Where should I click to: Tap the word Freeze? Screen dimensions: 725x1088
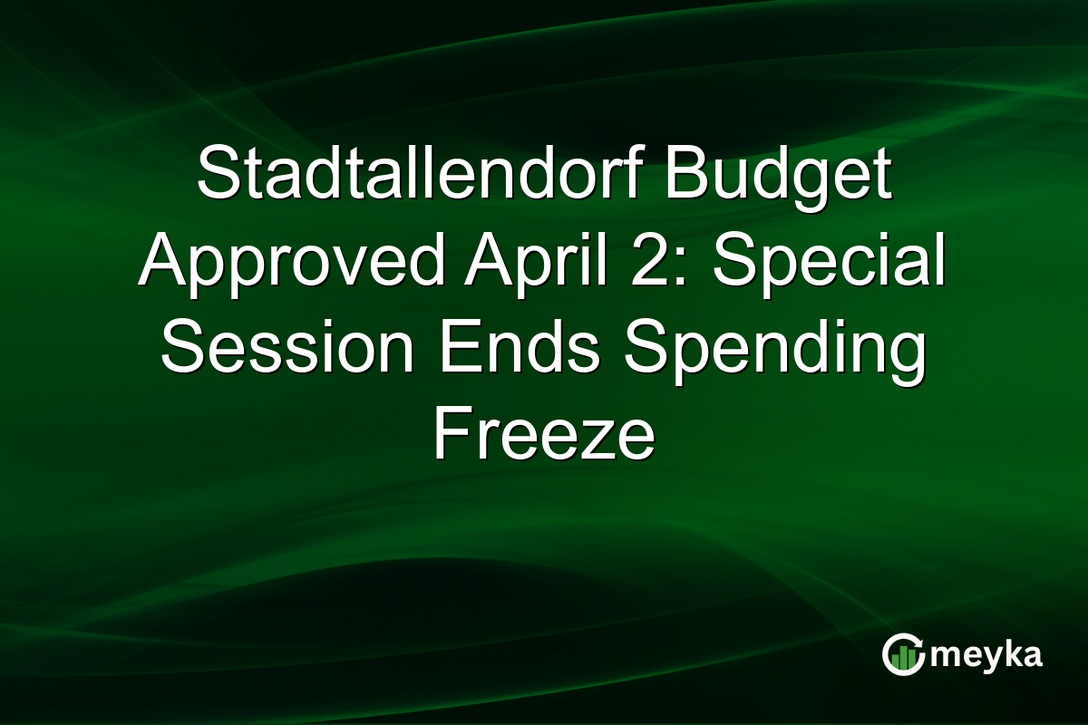543,434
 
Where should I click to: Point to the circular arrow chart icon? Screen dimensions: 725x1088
905,654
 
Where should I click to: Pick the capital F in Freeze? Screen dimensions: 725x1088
448,434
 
